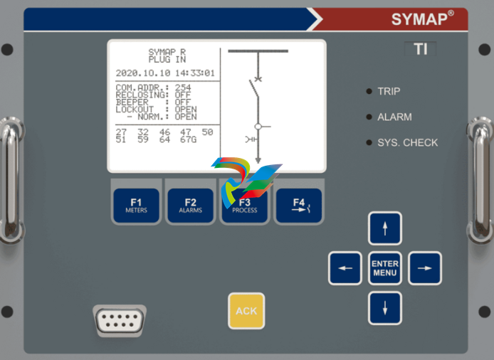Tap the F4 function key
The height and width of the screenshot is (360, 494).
[298, 206]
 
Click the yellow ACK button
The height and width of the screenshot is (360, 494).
[246, 311]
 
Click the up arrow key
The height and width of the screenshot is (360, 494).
[385, 228]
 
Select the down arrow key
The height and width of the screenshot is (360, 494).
[385, 308]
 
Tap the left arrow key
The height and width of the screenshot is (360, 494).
[345, 268]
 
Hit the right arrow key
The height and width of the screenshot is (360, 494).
[425, 268]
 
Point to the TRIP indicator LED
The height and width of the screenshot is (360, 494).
[369, 91]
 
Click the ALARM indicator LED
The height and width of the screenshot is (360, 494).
[369, 117]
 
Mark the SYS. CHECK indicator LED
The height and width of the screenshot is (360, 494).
[369, 142]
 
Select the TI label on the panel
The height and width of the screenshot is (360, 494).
[421, 51]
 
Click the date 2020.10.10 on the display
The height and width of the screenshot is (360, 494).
[140, 73]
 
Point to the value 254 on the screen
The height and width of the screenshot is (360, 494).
[183, 88]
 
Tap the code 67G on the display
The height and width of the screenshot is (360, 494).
[187, 139]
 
